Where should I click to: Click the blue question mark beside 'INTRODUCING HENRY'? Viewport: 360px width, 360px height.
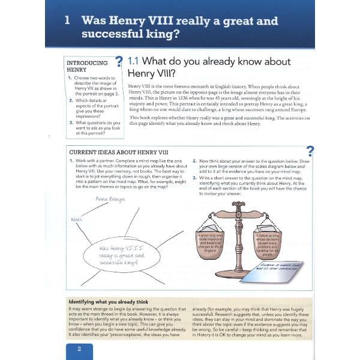point(118,61)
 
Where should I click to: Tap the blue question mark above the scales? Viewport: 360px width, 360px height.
point(310,151)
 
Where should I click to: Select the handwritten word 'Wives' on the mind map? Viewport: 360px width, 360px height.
point(76,219)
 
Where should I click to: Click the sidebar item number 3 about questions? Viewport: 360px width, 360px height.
point(70,123)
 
